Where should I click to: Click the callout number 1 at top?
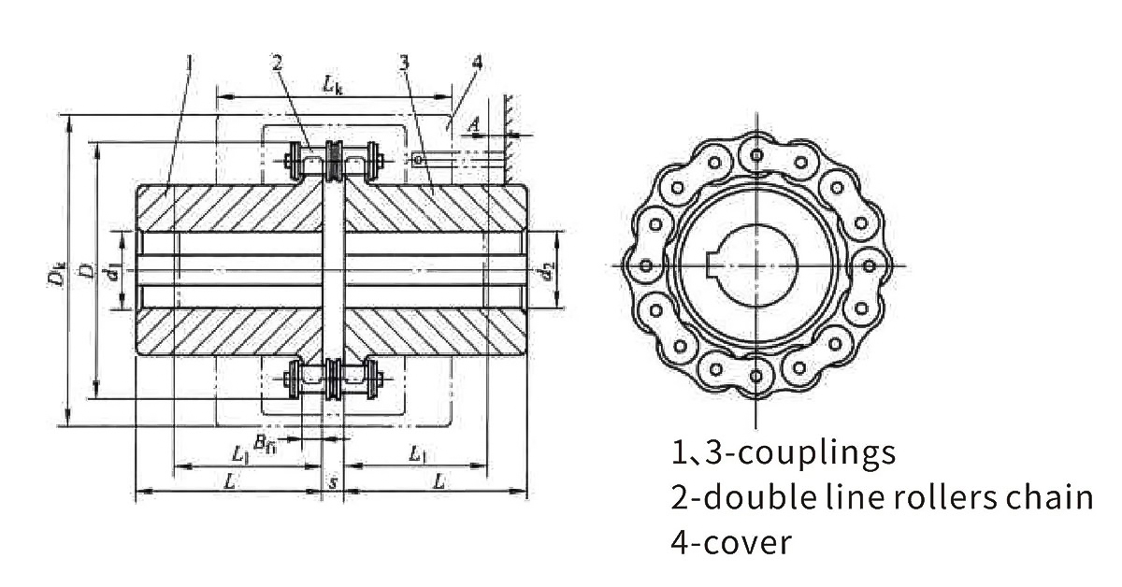189,63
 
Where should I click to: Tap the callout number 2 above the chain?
278,63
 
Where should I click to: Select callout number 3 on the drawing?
403,63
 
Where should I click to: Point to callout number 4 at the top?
477,63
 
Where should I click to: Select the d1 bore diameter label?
112,274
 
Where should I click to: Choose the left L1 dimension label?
240,454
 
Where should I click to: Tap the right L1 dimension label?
417,454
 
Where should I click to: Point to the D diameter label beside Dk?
86,271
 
